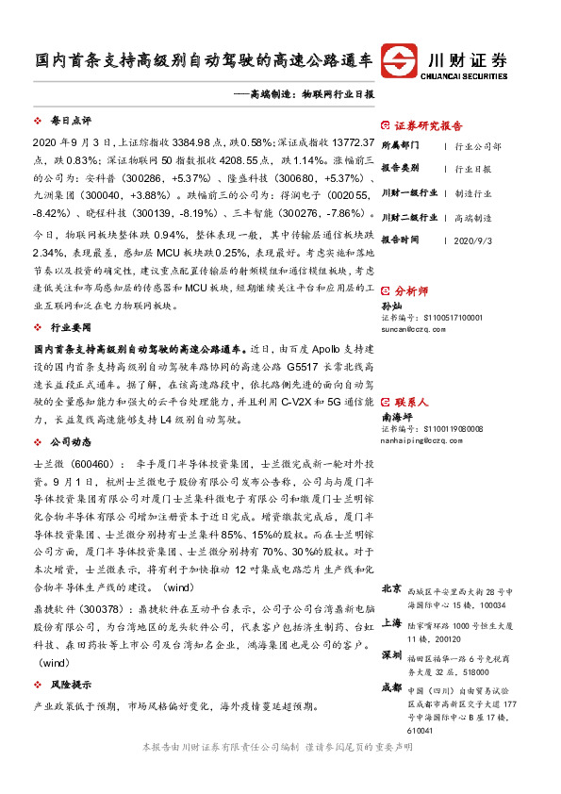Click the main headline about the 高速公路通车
(x=204, y=59)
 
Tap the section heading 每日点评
(x=70, y=122)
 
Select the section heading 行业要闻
(x=70, y=326)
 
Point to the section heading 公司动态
(x=70, y=441)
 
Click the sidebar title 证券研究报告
(x=428, y=125)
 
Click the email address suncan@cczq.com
(x=412, y=331)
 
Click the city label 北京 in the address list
(x=391, y=588)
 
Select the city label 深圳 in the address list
(x=391, y=654)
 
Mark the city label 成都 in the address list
(x=391, y=687)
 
